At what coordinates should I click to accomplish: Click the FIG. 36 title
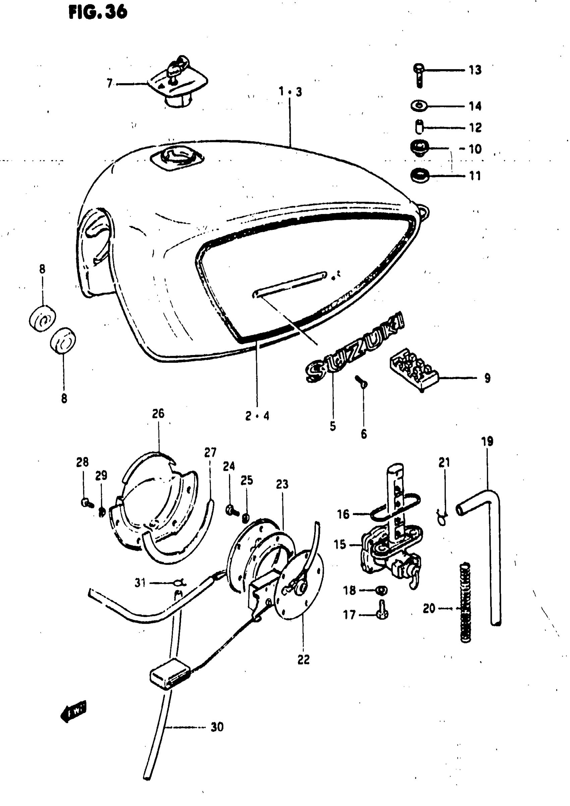coord(98,13)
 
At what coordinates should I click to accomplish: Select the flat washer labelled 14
coord(418,105)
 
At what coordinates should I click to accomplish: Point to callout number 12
coord(475,128)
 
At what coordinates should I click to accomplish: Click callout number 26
coord(158,414)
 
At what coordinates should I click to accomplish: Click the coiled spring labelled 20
coord(465,602)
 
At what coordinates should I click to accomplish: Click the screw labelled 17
coord(382,612)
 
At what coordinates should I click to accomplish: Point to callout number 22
coord(303,660)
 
